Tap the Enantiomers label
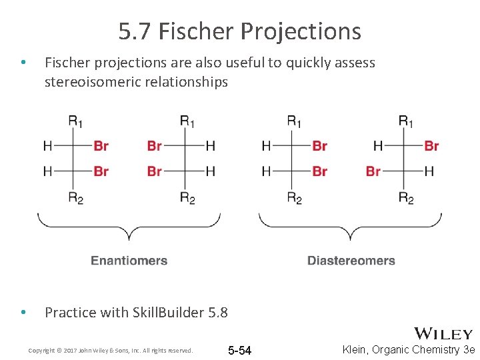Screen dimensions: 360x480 coord(129,261)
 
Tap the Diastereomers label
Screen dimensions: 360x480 coord(351,261)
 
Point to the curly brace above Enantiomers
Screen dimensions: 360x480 coord(129,226)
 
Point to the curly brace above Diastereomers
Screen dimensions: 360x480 coord(350,226)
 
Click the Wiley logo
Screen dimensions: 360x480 coord(443,334)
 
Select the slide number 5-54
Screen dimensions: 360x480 coord(239,351)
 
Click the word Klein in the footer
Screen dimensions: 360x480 coord(356,350)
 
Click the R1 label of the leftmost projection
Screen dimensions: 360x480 coord(75,121)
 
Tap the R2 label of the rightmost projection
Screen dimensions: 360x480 coord(406,197)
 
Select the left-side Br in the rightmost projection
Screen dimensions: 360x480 coord(373,171)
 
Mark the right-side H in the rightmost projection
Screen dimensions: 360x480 coord(429,171)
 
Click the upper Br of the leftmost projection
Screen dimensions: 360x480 coord(101,146)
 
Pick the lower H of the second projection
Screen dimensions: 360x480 coord(210,171)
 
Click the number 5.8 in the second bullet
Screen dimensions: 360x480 coord(217,312)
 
